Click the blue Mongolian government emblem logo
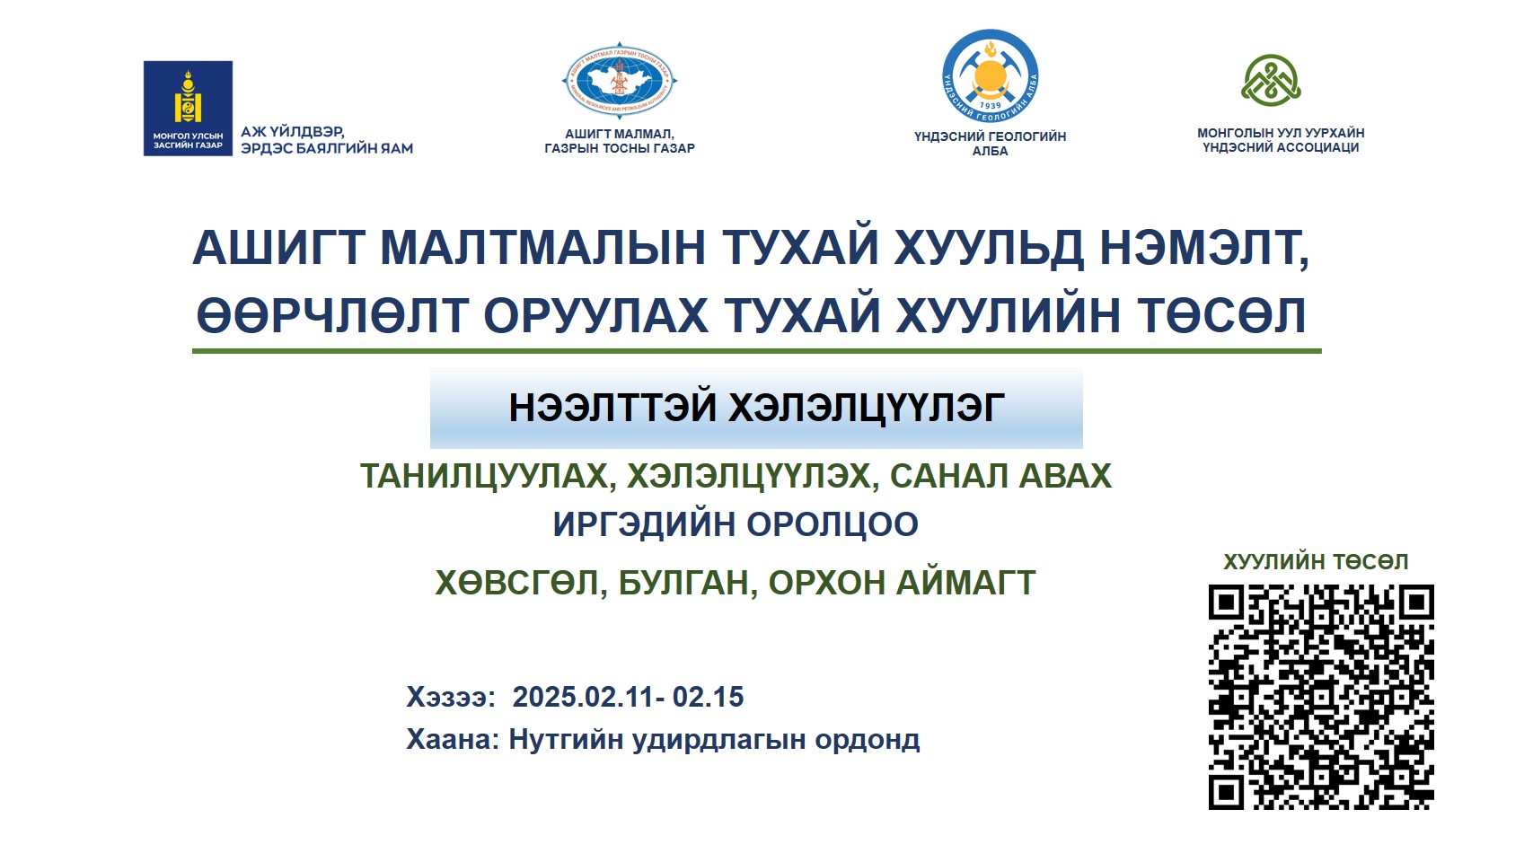tap(188, 108)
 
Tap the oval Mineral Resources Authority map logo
tap(620, 81)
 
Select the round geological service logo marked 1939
tap(990, 76)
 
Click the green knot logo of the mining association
tap(1271, 81)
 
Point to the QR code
tap(1321, 697)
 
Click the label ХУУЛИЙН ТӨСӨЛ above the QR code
tap(1316, 562)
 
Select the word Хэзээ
tap(447, 697)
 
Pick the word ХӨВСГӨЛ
tap(516, 584)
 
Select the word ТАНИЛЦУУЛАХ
tap(484, 476)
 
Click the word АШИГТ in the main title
tap(278, 247)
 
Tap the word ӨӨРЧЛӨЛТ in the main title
tap(331, 315)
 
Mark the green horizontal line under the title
tap(757, 352)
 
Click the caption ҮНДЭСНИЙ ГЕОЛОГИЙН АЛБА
tap(990, 144)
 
